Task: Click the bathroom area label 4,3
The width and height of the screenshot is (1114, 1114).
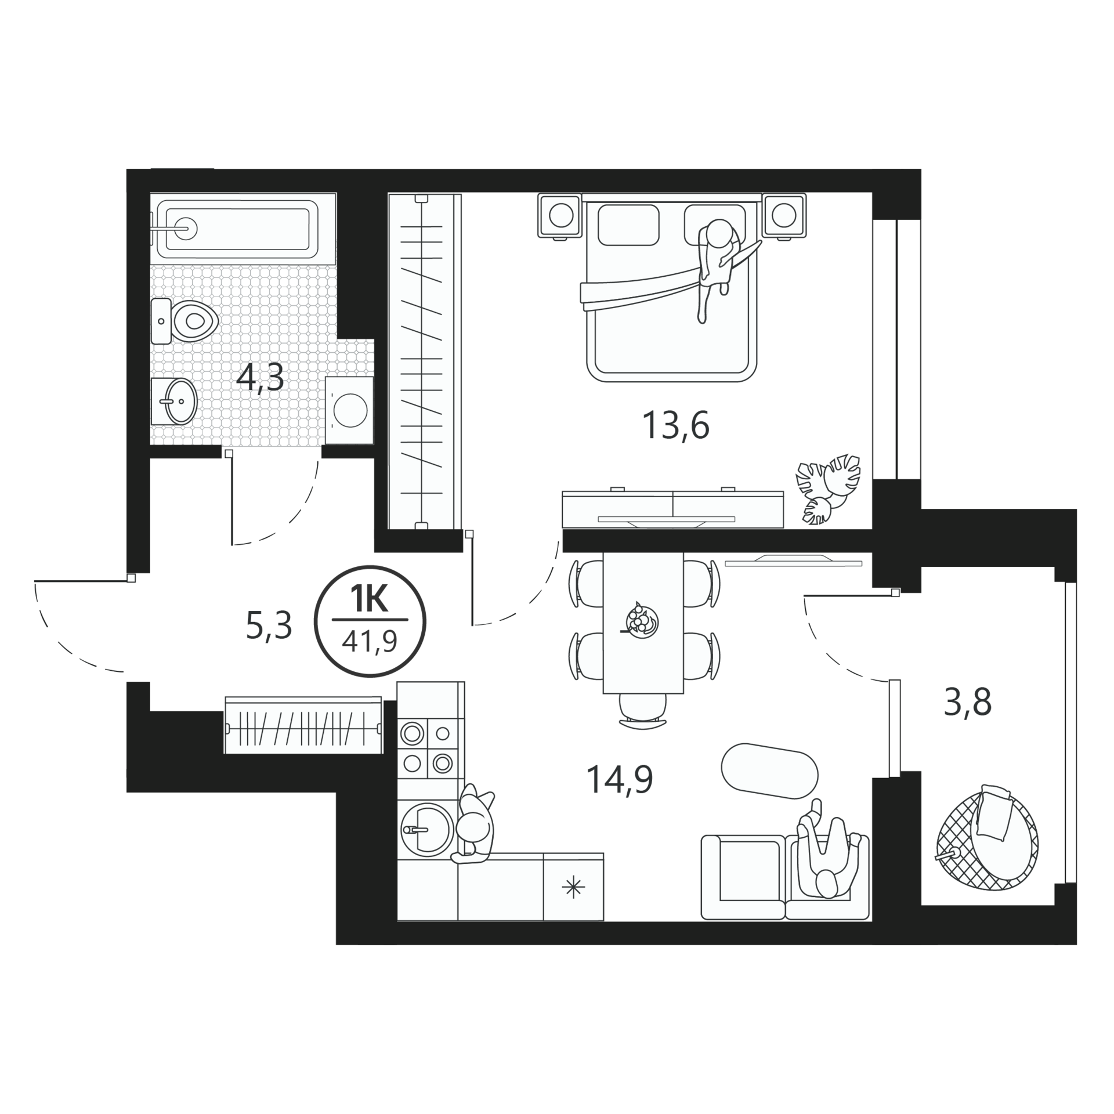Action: (260, 378)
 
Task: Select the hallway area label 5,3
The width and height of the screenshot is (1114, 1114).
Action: (269, 625)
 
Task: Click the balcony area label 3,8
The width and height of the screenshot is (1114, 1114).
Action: (968, 702)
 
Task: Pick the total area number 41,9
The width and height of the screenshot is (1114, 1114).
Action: (370, 642)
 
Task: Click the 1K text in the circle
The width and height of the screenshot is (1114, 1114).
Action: (369, 600)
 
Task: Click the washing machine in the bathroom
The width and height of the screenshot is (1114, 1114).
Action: (349, 410)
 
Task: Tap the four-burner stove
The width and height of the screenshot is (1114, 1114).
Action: (428, 748)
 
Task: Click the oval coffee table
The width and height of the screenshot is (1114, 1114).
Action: (769, 770)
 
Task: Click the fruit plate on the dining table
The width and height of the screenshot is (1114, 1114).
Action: (641, 621)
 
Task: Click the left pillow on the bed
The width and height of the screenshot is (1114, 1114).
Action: (628, 225)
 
